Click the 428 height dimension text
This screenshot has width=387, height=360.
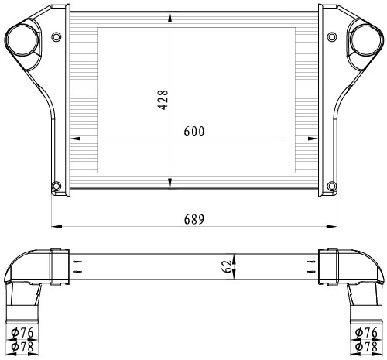pos(163,100)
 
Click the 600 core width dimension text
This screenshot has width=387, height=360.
pos(194,131)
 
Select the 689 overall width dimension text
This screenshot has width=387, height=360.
pos(194,219)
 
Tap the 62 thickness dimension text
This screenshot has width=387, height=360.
pos(227,266)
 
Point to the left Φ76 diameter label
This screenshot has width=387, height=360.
pos(22,333)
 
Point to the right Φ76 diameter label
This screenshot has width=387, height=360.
pos(366,333)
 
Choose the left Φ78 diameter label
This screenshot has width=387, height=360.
pos(22,347)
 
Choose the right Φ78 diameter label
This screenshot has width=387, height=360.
pos(366,347)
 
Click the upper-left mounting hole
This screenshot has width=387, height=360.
pos(56,37)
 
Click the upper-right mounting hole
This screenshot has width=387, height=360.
pos(332,37)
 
